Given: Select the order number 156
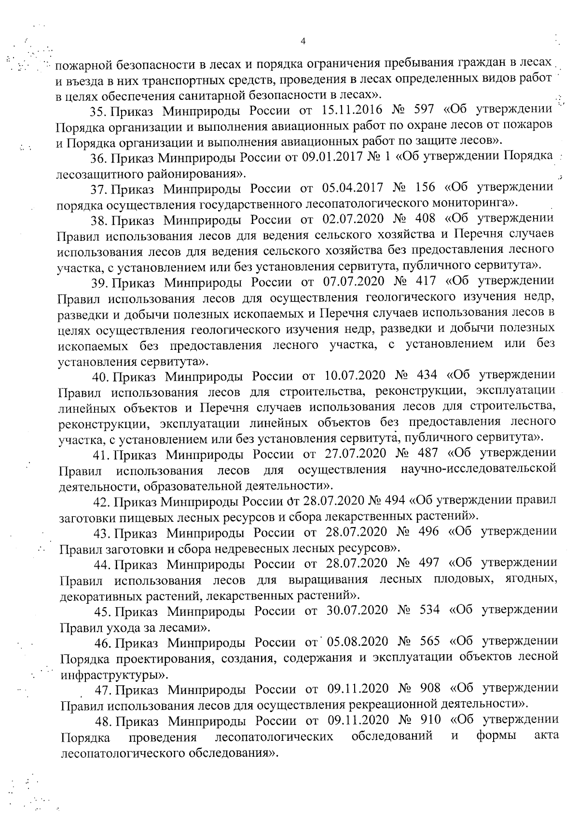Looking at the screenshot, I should (424, 188).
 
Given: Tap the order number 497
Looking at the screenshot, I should (428, 563).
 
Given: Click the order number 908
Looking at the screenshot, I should (429, 688).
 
